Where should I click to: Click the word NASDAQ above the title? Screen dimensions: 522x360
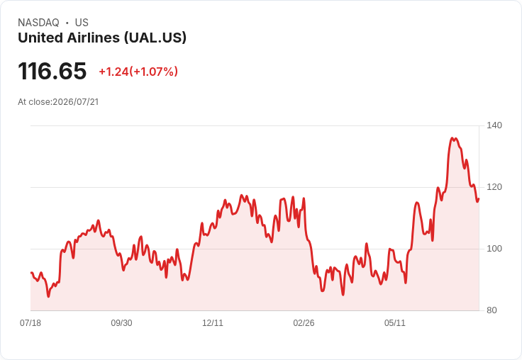pos(38,23)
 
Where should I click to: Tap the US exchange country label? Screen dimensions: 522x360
pos(82,23)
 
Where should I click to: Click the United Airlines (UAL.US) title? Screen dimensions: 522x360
pos(102,38)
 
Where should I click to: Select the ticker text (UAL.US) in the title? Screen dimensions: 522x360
pos(155,38)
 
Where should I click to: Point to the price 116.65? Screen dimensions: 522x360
pos(52,71)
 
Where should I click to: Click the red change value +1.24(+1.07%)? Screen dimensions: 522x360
pos(138,72)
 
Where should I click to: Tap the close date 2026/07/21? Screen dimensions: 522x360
pos(76,102)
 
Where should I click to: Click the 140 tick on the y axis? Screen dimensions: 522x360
pos(494,125)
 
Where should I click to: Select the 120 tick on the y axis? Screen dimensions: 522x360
pos(494,187)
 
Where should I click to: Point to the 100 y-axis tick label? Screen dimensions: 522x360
pos(494,249)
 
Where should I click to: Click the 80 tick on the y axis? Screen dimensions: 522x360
pos(492,310)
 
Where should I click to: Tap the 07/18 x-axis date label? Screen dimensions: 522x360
pos(30,322)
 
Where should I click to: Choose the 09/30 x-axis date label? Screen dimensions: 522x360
pos(121,322)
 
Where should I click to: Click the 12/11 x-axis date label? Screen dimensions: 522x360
pos(213,322)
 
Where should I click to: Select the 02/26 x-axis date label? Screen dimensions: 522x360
pos(304,322)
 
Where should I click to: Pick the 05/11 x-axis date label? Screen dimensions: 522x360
pos(395,322)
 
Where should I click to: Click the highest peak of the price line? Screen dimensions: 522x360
pos(452,137)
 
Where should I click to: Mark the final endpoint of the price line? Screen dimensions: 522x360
pos(479,199)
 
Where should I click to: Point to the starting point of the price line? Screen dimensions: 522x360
pos(31,273)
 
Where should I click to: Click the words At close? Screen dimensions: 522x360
pos(34,102)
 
